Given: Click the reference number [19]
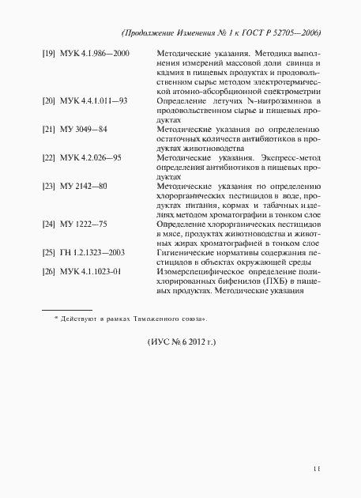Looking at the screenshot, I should [47, 54].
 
